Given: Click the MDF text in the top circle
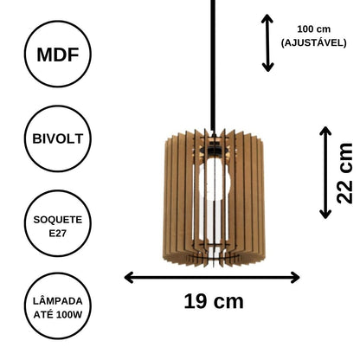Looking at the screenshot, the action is pos(58,55).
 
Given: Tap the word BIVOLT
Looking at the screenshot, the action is pos(58,138).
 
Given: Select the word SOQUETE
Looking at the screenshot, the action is pos(58,220).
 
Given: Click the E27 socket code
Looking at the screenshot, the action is pos(58,233).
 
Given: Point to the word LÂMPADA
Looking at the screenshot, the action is pos(58,301).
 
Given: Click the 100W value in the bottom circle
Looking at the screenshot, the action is pos(69,314).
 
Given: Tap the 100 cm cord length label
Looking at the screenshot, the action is pos(314,29).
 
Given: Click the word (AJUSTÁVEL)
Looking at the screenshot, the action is pos(314,43).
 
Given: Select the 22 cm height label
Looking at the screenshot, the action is pos(345,173).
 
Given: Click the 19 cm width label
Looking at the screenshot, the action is pos(214,301).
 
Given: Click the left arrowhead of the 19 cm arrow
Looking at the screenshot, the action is pos(129,278).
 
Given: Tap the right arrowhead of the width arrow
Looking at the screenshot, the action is pos(295,278).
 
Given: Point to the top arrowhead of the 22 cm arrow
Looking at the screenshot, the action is pos(325,131).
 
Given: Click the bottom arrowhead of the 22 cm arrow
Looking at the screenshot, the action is pos(325,214).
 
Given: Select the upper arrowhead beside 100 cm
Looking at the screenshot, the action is pos(267,18).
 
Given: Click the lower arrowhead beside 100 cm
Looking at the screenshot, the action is pos(267,67).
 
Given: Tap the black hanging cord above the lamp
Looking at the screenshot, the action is pos(213,67).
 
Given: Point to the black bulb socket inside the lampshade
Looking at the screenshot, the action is pos(213,151).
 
